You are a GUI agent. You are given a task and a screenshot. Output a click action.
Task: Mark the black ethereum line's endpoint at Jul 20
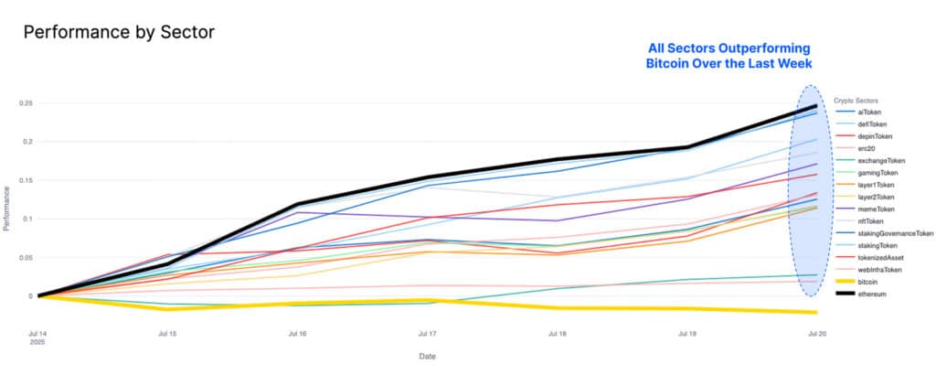[814, 106]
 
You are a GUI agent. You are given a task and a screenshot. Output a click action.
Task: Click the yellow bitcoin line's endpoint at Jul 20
[814, 312]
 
